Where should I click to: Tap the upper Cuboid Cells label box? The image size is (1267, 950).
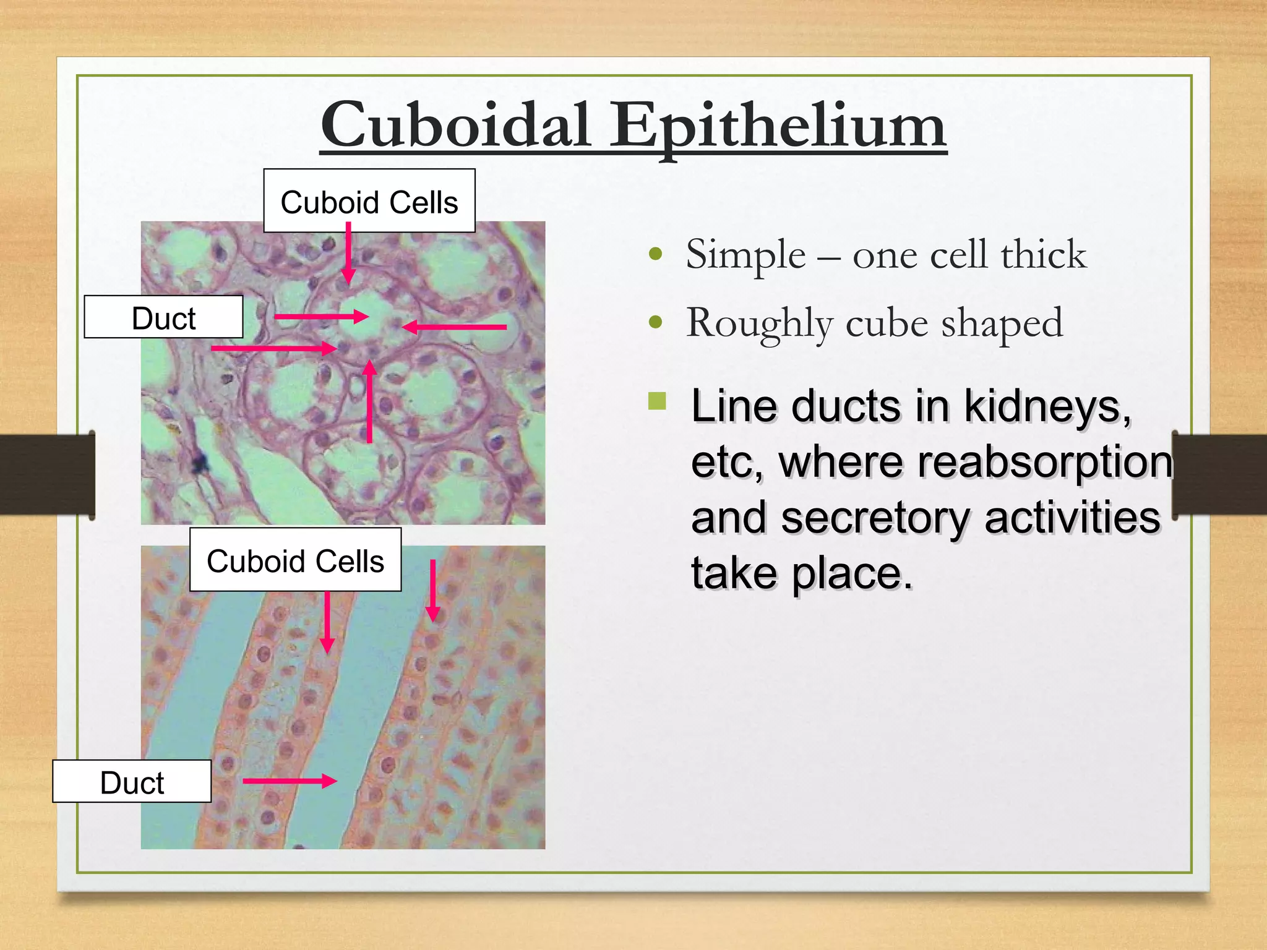click(369, 202)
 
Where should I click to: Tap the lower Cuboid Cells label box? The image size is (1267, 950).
click(295, 560)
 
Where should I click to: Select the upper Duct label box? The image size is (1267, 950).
click(163, 317)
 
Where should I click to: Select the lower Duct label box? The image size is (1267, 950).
click(132, 782)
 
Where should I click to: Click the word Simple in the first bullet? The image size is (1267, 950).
click(745, 254)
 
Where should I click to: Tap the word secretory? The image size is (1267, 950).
click(875, 518)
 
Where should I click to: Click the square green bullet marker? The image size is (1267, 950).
click(657, 401)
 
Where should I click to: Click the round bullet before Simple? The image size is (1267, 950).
click(656, 254)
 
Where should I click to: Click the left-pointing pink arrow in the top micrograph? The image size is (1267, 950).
click(455, 327)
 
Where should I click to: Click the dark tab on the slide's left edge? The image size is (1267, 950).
click(47, 474)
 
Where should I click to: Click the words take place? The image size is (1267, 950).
click(802, 573)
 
